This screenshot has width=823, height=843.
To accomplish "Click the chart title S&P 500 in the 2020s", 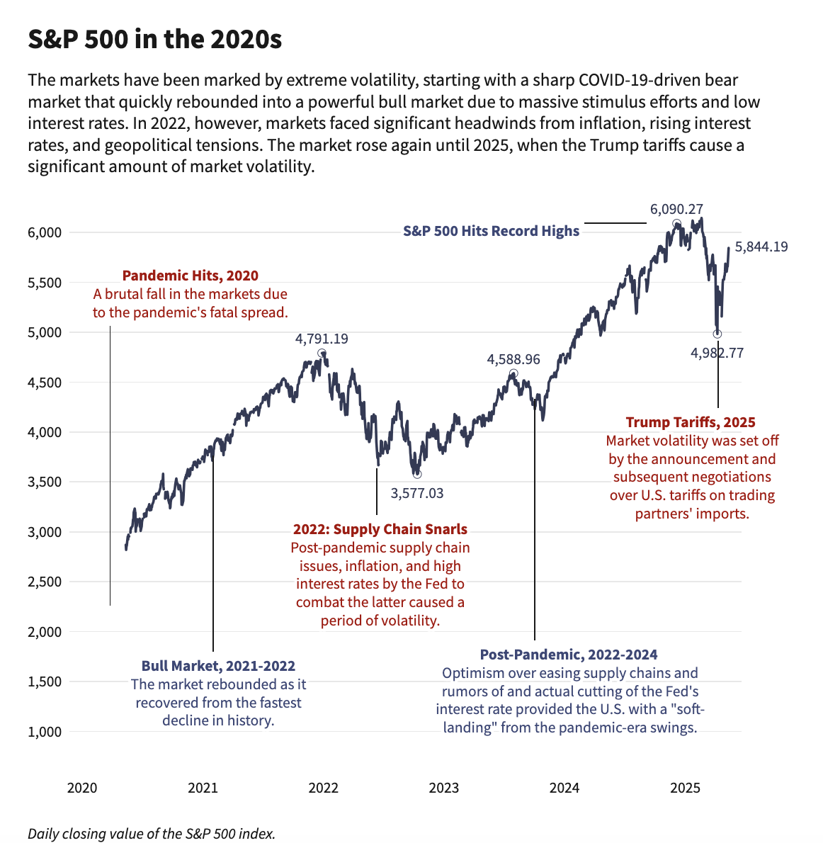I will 154,40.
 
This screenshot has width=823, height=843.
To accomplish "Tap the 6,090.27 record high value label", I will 676,209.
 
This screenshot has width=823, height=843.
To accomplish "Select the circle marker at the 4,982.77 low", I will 717,334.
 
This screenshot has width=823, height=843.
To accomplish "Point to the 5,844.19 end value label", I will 761,247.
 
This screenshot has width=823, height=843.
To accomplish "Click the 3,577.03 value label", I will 417,493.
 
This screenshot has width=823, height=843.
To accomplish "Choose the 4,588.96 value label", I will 513,359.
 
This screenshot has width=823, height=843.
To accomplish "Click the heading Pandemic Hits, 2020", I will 191,276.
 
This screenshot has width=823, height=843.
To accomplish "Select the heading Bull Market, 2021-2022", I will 218,666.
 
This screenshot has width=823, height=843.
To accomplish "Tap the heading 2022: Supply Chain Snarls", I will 380,529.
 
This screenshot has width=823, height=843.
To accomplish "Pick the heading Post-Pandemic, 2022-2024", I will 569,655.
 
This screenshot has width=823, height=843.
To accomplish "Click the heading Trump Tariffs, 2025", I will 691,422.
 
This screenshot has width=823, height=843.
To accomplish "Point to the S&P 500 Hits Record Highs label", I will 491,231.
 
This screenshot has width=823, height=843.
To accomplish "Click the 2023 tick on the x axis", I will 444,788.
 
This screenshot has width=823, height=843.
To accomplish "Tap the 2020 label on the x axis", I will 81,788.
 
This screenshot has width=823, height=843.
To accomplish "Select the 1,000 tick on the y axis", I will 45,732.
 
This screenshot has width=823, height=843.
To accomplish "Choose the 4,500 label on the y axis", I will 45,383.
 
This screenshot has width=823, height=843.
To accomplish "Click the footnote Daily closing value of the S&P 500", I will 151,834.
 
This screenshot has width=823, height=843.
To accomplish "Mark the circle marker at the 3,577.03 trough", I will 417,474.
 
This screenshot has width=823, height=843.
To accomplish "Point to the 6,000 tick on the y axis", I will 45,232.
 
